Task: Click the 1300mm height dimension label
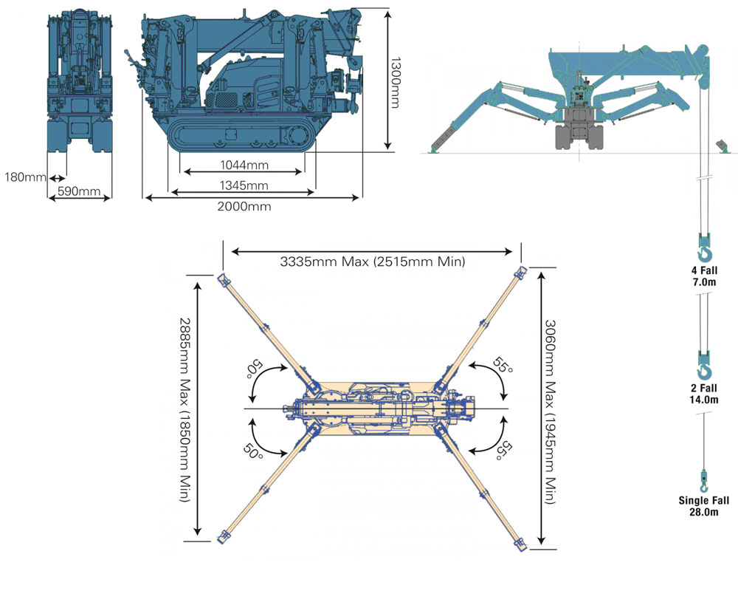pos(396,83)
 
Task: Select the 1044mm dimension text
pos(244,165)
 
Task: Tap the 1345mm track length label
pos(244,185)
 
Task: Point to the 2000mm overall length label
pos(244,206)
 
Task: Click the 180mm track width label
pos(25,177)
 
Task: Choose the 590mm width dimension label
pos(79,191)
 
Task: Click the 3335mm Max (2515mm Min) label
pos(372,262)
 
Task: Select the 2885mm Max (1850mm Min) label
pos(184,410)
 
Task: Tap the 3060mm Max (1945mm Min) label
pos(550,412)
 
